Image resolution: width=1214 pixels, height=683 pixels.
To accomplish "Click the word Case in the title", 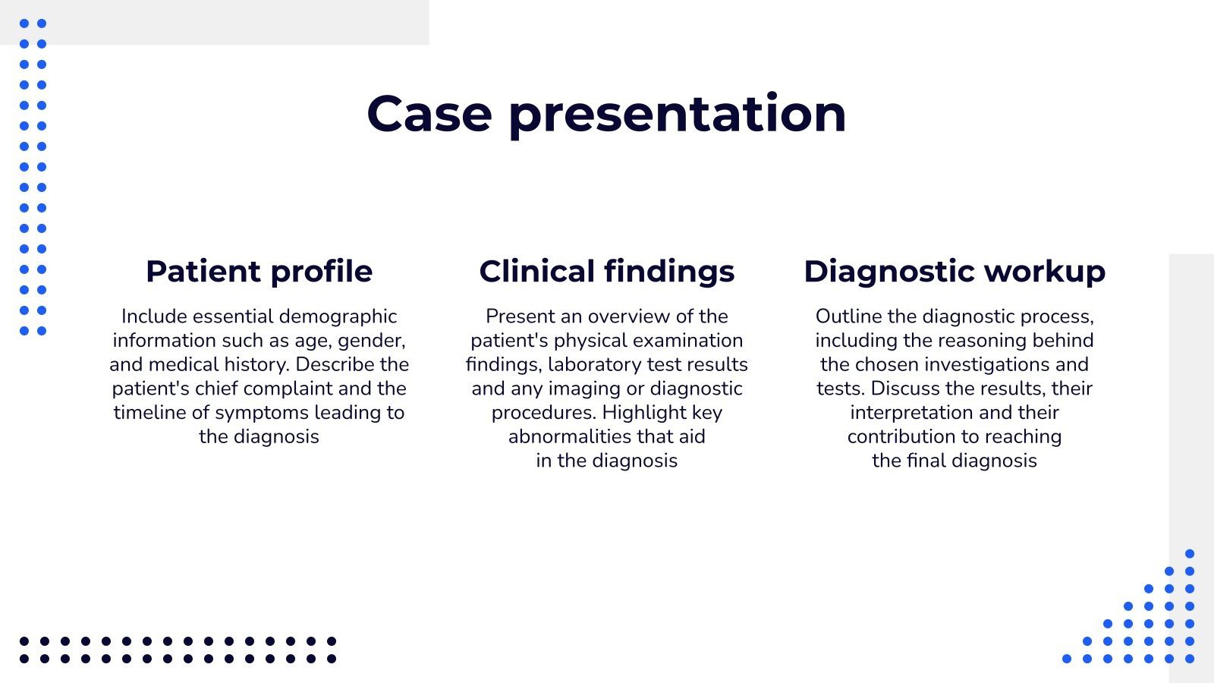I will click(x=429, y=114).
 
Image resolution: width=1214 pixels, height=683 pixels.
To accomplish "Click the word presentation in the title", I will click(x=677, y=114).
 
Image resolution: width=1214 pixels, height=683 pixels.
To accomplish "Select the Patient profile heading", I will click(x=259, y=271).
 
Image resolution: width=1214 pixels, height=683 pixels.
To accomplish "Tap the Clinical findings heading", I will click(x=606, y=271).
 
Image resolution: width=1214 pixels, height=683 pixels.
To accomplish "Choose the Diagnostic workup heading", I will click(x=954, y=271).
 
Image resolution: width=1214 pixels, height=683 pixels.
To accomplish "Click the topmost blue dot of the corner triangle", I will click(x=1189, y=554).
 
